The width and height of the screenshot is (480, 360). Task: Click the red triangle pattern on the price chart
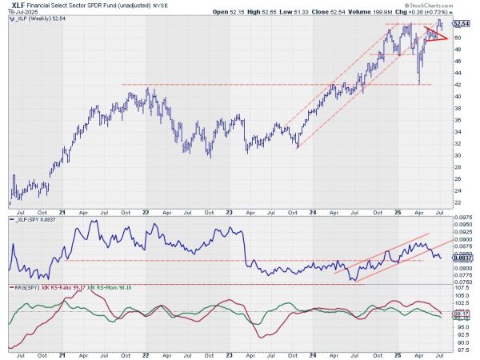[x=434, y=34]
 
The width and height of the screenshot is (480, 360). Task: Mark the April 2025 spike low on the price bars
[x=419, y=82]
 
